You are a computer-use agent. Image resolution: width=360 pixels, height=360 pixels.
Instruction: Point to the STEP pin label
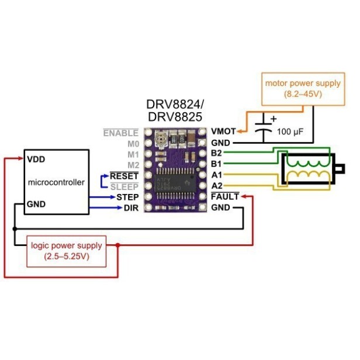pos(127,197)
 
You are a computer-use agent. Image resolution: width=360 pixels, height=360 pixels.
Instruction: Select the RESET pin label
pos(124,175)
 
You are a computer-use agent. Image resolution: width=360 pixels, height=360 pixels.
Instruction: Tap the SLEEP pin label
pos(124,186)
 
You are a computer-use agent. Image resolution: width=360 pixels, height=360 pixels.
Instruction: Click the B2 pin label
pos(217,153)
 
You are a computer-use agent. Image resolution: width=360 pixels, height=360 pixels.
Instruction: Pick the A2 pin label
pos(217,186)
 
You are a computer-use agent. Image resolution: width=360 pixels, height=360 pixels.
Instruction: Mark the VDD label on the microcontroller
pos(36,159)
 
